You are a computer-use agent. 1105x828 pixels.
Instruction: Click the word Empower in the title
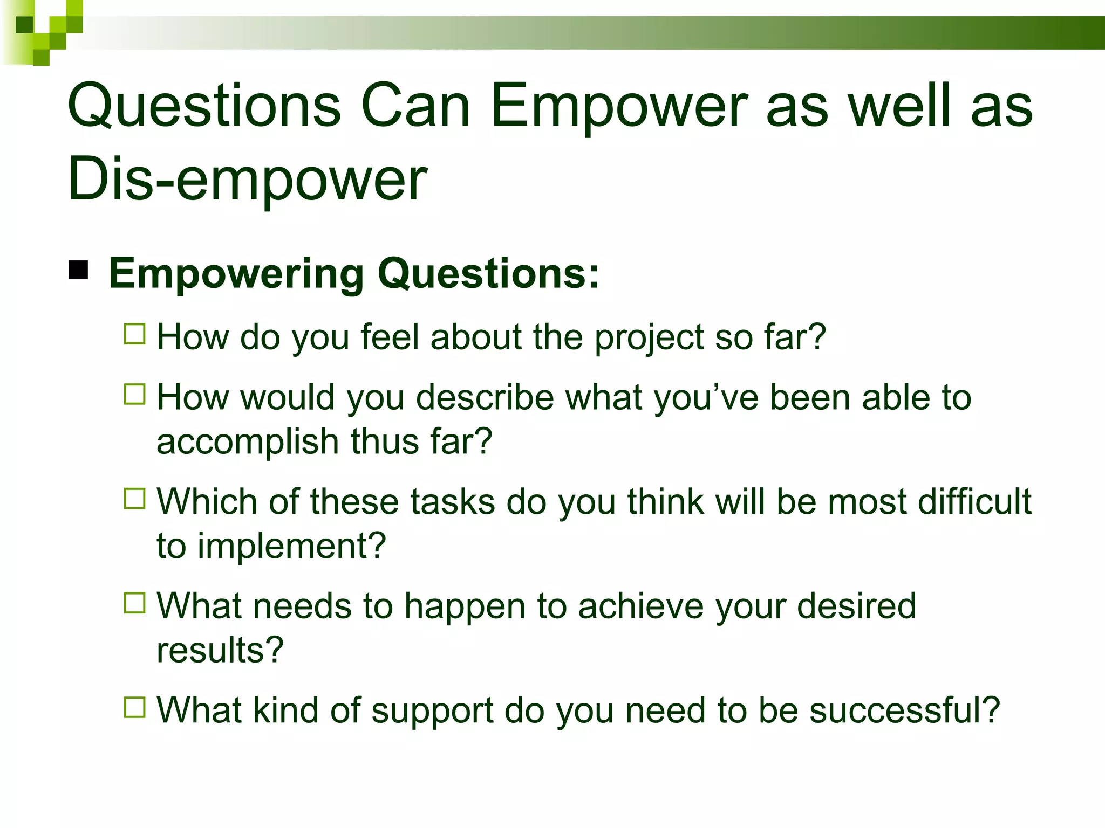click(619, 106)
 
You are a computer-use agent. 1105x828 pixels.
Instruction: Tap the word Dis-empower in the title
click(247, 179)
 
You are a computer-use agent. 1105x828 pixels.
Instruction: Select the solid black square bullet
click(79, 270)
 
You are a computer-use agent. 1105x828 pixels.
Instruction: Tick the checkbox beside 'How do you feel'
click(135, 334)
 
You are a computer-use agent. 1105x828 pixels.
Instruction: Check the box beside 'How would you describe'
click(135, 394)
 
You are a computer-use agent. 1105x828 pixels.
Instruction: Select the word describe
click(485, 398)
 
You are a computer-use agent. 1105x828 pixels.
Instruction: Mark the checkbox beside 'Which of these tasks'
click(135, 499)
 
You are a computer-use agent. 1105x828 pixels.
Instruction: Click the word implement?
click(291, 547)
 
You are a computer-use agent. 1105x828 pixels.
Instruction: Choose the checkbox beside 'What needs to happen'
click(135, 603)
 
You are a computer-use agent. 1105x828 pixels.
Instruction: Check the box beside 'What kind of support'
click(135, 707)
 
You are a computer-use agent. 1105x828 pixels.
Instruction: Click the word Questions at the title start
click(204, 106)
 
